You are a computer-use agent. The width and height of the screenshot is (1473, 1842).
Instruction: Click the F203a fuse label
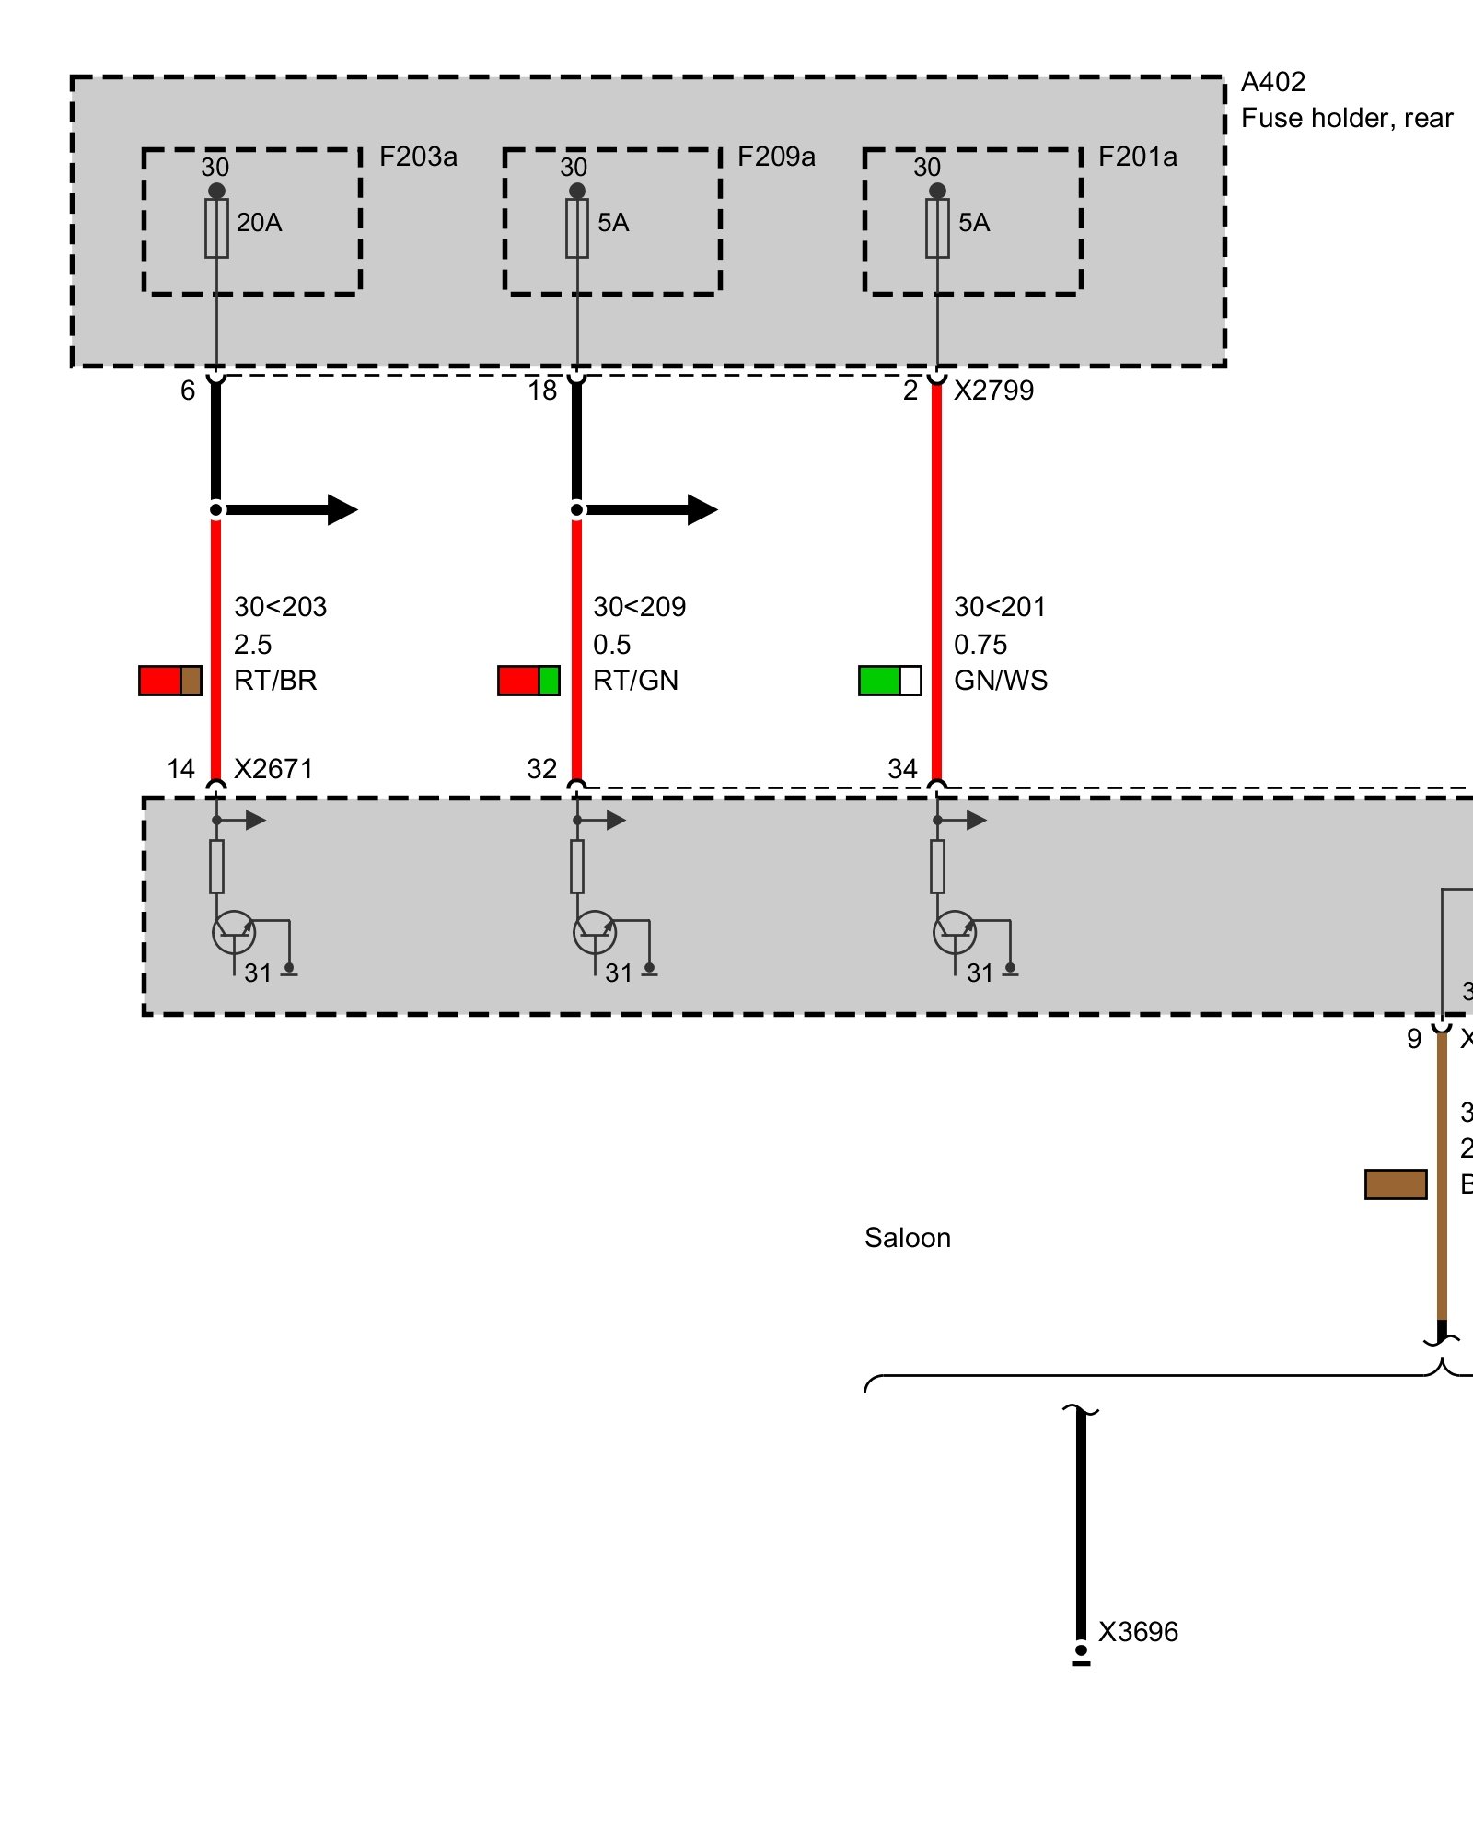tap(418, 157)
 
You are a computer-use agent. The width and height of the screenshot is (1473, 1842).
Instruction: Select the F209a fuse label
tap(776, 157)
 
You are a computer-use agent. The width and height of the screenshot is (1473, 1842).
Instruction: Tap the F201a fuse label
tap(1137, 157)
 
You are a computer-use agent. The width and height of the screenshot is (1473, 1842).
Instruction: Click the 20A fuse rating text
tap(259, 223)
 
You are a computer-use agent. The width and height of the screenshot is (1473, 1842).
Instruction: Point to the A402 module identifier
tap(1272, 82)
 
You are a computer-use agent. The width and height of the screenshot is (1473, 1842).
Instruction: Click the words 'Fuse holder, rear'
tap(1346, 118)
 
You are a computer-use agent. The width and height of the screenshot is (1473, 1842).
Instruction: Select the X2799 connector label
tap(993, 391)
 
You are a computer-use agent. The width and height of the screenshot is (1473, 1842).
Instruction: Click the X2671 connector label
tap(273, 769)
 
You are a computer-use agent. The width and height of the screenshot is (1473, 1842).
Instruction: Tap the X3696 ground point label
tap(1138, 1632)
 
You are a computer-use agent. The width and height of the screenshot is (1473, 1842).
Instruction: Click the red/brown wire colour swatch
tap(170, 681)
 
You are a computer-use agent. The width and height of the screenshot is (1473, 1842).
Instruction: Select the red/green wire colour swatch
tap(528, 681)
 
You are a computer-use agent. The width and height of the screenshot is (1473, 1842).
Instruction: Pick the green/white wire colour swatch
tap(889, 681)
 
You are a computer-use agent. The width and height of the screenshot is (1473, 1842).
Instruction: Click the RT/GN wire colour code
tap(635, 681)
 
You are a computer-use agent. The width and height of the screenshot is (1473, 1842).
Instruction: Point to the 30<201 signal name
tap(1000, 607)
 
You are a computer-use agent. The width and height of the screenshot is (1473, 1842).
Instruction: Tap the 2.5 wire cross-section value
tap(252, 645)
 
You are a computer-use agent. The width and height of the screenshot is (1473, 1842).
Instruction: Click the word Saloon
tap(907, 1238)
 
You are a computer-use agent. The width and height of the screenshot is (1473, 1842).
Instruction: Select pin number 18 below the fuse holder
tap(542, 391)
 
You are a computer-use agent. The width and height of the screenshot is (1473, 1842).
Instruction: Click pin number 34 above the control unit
tap(902, 769)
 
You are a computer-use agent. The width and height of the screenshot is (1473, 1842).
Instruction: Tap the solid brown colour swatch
tap(1396, 1184)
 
